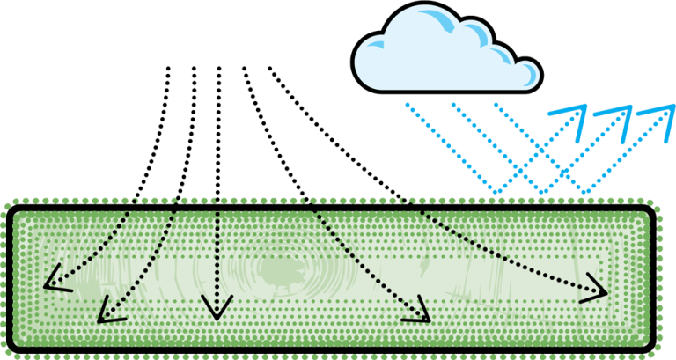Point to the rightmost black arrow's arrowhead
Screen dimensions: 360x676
[x=598, y=291]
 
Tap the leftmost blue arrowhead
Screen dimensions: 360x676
[x=573, y=115]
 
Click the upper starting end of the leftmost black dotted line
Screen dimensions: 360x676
[x=167, y=69]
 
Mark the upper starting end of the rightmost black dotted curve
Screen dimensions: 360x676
[x=268, y=69]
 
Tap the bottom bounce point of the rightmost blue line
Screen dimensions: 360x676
[x=585, y=192]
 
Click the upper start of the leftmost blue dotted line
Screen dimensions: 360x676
[x=406, y=104]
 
